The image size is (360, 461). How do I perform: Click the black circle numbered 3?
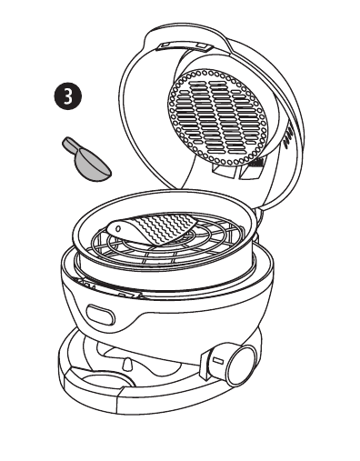pyautogui.click(x=68, y=95)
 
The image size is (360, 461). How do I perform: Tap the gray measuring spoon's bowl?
pyautogui.click(x=93, y=167)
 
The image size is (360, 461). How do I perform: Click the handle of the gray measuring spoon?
pyautogui.click(x=71, y=145)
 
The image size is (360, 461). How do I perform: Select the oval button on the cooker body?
pyautogui.click(x=101, y=315)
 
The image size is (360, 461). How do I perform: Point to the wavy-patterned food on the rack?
pyautogui.click(x=152, y=229)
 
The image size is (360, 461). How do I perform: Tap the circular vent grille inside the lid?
pyautogui.click(x=217, y=117)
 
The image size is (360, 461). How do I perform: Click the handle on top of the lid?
pyautogui.click(x=184, y=45)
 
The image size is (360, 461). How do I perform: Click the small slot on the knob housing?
pyautogui.click(x=218, y=361)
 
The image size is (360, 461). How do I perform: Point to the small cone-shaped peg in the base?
pyautogui.click(x=129, y=365)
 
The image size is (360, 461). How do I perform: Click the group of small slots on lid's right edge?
pyautogui.click(x=288, y=137)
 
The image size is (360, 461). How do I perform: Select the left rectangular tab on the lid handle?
pyautogui.click(x=165, y=45)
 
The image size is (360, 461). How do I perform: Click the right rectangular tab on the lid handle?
pyautogui.click(x=203, y=45)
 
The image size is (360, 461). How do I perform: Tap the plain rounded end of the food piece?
pyautogui.click(x=116, y=229)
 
